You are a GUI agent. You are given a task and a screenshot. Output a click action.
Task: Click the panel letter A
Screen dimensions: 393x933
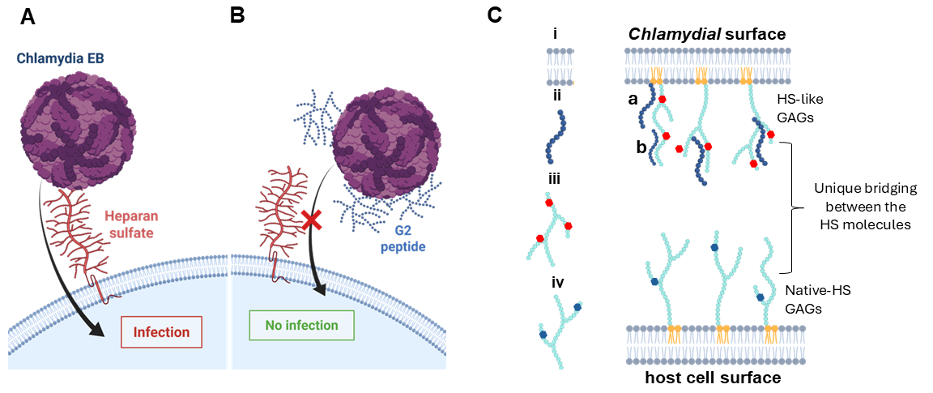[28, 16]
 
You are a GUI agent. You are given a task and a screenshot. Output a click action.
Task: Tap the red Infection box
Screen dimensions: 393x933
[161, 332]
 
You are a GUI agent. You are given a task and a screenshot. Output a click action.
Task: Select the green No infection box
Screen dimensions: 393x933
[301, 326]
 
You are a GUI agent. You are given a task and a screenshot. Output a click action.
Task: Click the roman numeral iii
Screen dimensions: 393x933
[554, 179]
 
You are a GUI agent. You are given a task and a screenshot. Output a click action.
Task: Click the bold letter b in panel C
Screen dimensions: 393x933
[640, 147]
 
